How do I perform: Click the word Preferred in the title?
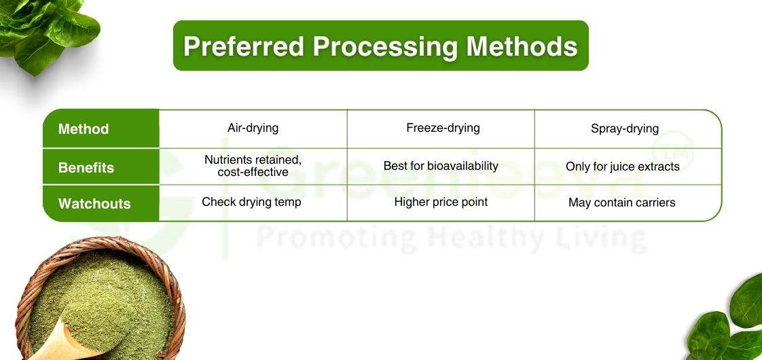(243, 46)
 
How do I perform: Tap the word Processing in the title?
(384, 46)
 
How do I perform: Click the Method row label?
(84, 129)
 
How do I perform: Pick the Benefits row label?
(86, 168)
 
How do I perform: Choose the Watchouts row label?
(94, 204)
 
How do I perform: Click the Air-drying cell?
(253, 128)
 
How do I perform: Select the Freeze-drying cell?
(443, 128)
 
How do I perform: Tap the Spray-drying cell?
(624, 128)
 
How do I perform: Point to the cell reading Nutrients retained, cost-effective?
(253, 166)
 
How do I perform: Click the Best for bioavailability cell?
(441, 166)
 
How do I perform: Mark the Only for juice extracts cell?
(622, 166)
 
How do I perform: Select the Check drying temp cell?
(251, 202)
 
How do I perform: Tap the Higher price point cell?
(441, 202)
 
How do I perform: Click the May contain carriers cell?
(621, 202)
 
